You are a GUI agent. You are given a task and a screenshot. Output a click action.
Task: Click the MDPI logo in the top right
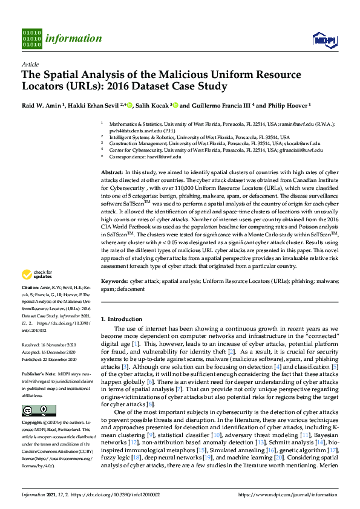324,39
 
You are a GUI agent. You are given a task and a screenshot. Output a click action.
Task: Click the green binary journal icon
32,38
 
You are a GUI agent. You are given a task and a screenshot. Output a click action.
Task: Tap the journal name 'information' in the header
76,39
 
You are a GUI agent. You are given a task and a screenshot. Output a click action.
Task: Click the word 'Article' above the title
30,64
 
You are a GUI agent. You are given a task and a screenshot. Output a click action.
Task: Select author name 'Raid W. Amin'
42,105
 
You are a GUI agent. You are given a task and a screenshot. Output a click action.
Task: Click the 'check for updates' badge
36,276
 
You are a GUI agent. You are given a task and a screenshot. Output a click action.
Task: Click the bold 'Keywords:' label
114,281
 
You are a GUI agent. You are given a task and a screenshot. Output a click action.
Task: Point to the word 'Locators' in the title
46,86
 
